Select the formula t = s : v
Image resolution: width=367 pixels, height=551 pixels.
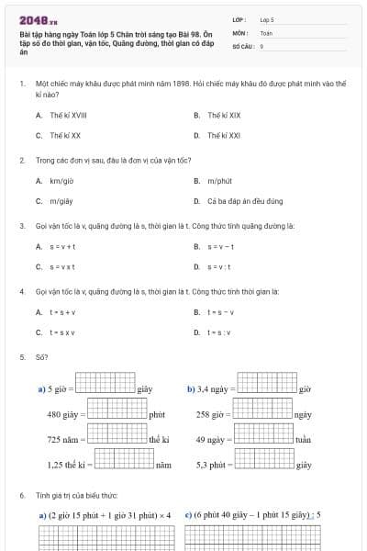[x=219, y=332]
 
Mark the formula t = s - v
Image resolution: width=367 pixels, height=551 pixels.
[x=220, y=312]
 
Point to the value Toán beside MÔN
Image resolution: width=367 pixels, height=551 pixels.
[x=266, y=31]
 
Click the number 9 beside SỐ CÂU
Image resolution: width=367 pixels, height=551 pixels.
[x=261, y=45]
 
